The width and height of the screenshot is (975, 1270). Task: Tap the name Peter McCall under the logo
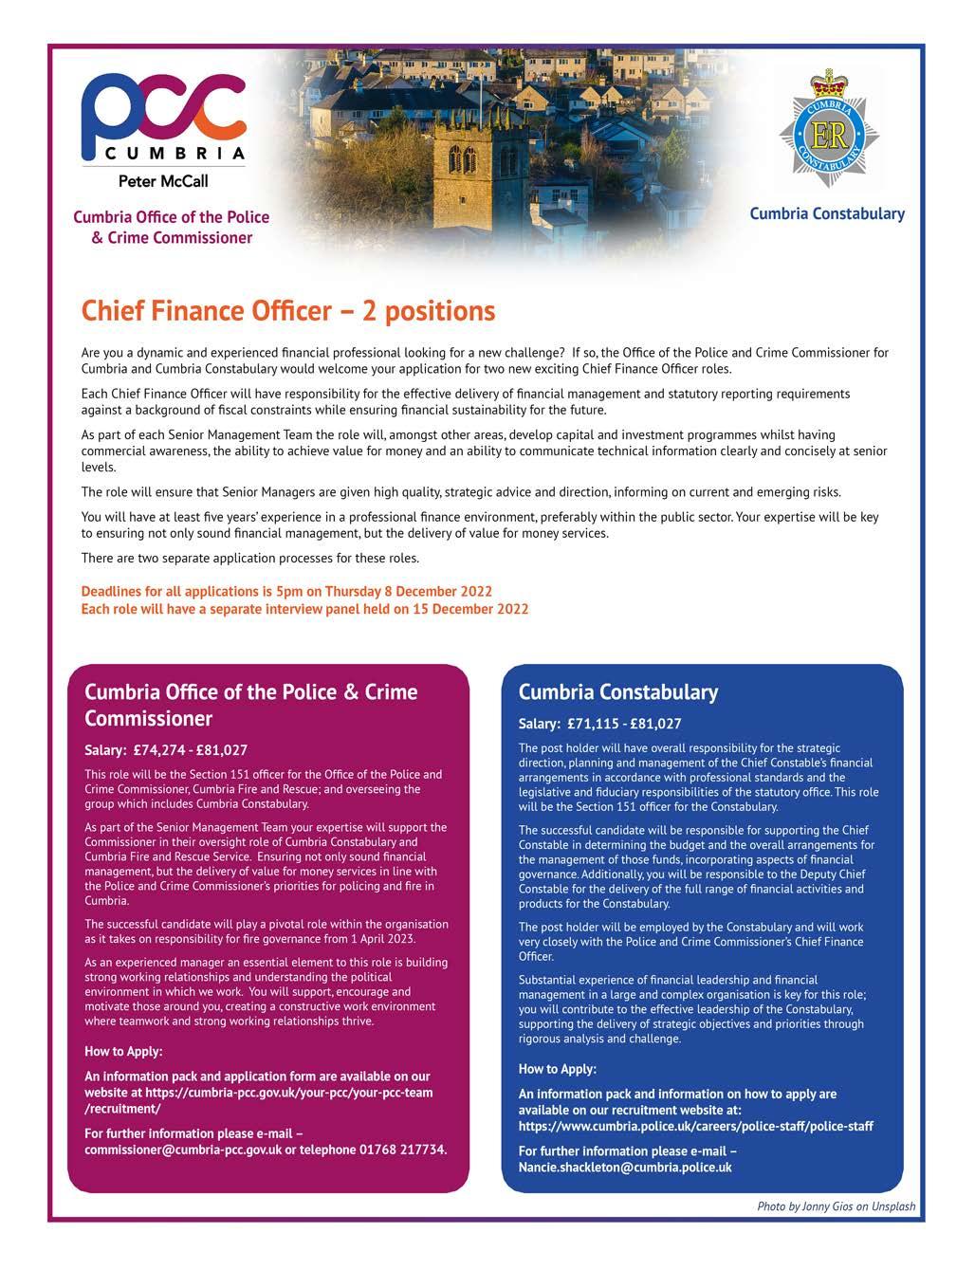point(162,180)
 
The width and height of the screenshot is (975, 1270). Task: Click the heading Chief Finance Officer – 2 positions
point(288,311)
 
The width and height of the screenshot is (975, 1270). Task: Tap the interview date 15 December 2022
point(470,608)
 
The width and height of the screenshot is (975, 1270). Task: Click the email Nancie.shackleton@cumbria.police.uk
point(625,1168)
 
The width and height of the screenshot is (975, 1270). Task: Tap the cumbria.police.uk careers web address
point(695,1126)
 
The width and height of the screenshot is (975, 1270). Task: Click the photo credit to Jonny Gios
point(836,1207)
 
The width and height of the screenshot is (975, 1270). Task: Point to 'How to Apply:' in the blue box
point(558,1069)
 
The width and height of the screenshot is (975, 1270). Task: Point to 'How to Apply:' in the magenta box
point(123,1051)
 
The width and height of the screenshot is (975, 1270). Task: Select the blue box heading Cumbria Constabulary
point(617,692)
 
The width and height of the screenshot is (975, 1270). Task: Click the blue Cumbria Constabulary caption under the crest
point(826,213)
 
